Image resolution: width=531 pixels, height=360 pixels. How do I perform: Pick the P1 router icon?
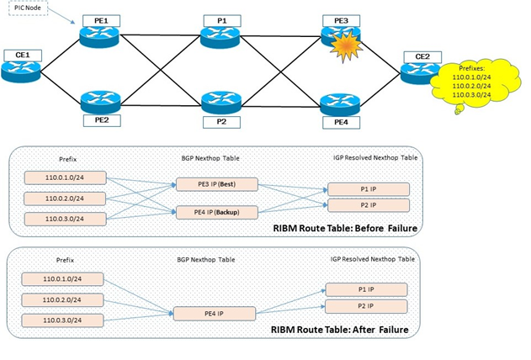click(x=221, y=34)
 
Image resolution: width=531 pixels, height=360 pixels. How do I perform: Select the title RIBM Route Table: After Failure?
click(x=341, y=330)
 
